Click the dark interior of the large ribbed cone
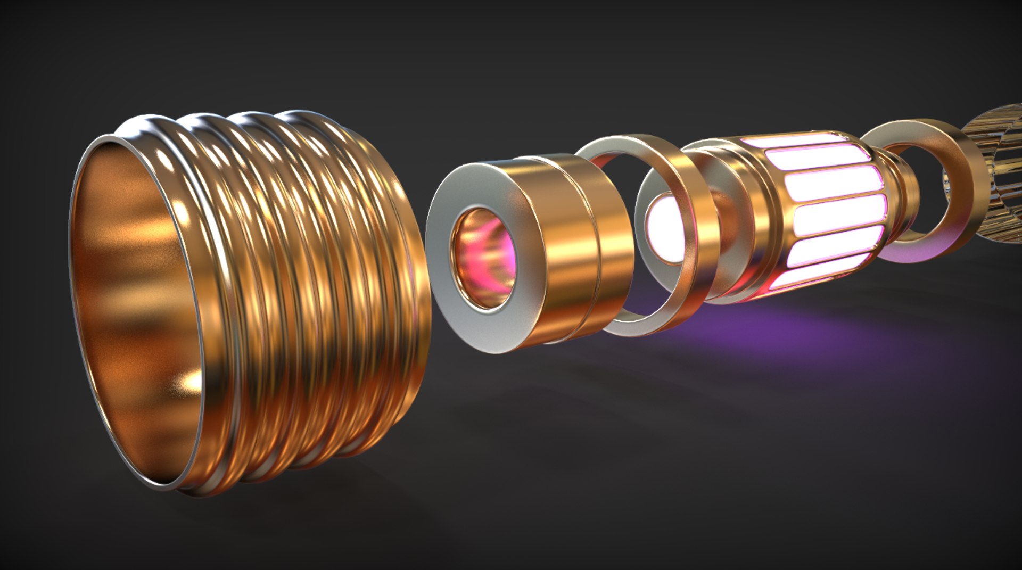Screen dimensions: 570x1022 coord(133,298)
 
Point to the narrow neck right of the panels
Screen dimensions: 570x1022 coord(902,192)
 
